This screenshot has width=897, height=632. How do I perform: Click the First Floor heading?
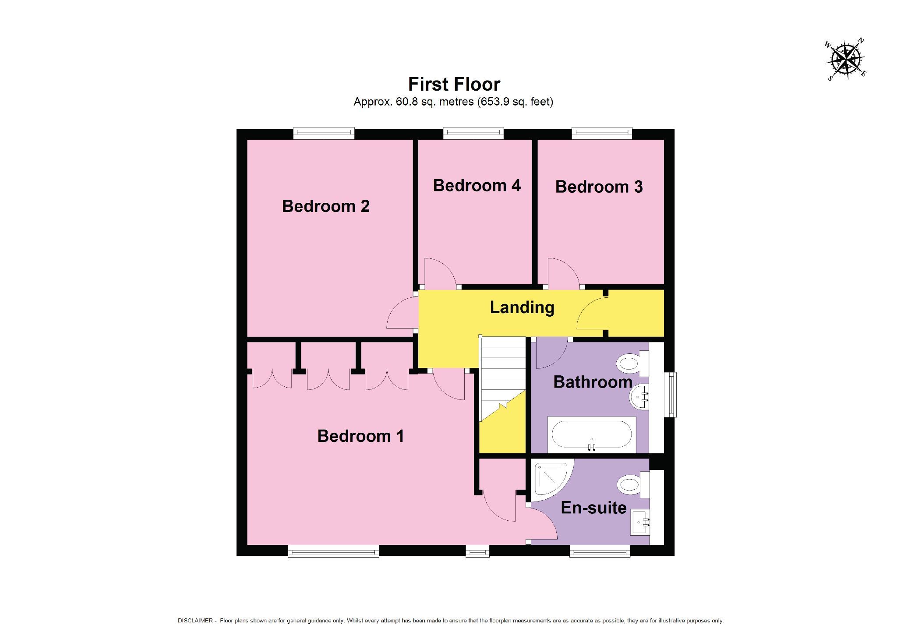454,84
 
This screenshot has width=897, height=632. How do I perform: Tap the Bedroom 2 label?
325,206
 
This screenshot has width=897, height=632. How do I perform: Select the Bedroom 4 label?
477,185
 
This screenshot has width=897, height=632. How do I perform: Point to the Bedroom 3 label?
599,187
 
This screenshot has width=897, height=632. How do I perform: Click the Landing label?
522,307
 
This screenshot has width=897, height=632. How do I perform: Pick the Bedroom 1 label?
360,436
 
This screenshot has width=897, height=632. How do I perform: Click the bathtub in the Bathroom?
591,434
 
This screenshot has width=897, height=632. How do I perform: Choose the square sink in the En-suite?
640,522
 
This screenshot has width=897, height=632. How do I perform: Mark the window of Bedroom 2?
323,133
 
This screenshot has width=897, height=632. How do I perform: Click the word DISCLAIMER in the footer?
195,621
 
